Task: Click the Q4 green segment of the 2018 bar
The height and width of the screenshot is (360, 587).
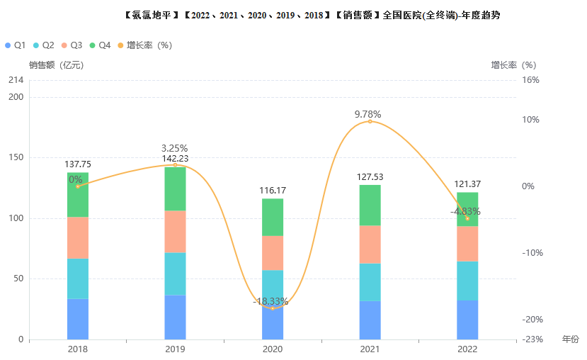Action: coord(78,195)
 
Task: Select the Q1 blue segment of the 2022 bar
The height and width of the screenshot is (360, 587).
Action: coord(467,320)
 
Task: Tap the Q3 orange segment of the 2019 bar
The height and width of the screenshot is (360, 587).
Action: coord(175,231)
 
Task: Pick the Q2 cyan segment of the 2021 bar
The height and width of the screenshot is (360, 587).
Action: coord(370,282)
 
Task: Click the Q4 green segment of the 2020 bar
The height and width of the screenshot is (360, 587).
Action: coord(273,217)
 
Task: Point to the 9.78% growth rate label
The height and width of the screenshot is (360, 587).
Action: coord(368,114)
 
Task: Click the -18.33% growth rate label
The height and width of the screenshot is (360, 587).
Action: coord(270,302)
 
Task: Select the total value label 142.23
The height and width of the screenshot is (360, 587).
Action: coord(175,159)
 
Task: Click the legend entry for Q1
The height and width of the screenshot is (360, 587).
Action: coord(15,45)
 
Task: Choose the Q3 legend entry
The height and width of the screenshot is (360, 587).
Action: coord(72,45)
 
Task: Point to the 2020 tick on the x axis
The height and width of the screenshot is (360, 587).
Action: coord(273,349)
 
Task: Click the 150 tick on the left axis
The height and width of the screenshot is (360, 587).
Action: coord(16,158)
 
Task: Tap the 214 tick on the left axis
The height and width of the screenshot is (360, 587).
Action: coord(16,80)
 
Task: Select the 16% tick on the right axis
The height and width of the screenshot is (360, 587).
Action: coord(531,80)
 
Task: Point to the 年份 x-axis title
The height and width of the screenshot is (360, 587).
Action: coord(571,339)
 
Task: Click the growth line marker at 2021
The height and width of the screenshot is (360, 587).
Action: coord(370,121)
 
